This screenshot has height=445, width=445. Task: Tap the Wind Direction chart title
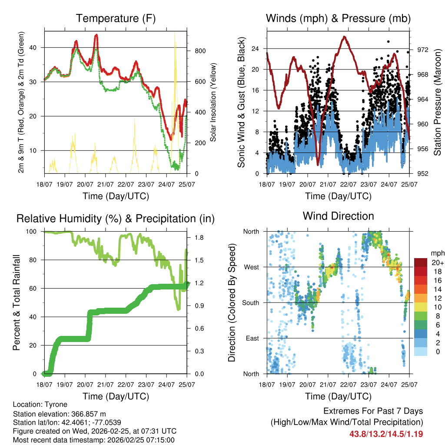[338, 216]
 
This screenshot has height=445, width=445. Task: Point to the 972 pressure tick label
[422, 50]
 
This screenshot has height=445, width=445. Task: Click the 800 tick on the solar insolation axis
[200, 51]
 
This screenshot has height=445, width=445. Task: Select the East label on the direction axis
[252, 338]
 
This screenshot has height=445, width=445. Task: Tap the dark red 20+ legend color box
[421, 262]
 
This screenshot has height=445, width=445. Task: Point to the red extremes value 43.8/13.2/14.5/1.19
[386, 434]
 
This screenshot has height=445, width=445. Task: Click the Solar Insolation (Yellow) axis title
[213, 102]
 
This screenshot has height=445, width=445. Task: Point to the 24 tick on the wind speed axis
[256, 48]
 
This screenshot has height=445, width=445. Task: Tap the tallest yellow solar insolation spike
[175, 35]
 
